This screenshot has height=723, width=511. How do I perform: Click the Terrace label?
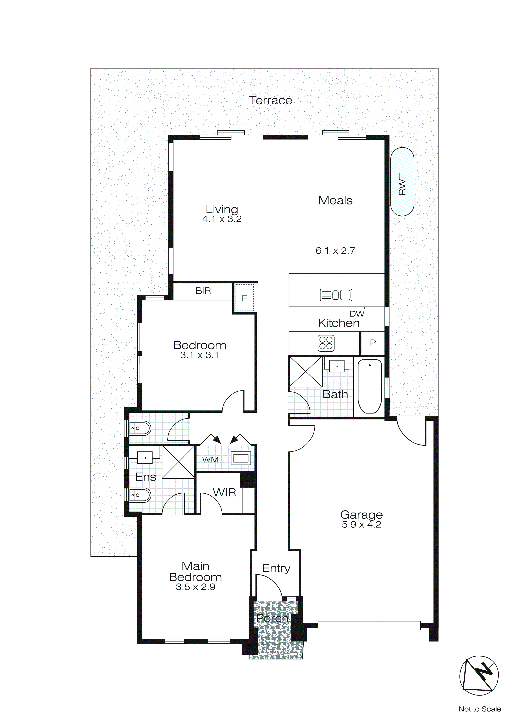[x=271, y=100]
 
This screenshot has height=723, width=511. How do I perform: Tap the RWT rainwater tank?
[x=402, y=182]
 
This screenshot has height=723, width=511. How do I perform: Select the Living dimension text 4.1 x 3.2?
[x=222, y=219]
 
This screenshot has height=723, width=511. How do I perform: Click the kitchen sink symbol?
[x=336, y=295]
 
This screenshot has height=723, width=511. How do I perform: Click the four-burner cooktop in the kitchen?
[x=326, y=343]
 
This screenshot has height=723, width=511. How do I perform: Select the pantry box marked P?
[x=372, y=343]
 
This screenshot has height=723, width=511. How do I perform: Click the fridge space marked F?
[x=244, y=298]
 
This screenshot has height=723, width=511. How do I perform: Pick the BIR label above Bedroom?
[x=203, y=291]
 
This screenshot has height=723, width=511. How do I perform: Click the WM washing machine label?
[x=210, y=460]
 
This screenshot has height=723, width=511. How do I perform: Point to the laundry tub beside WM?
[x=241, y=458]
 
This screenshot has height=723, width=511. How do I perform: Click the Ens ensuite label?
[x=146, y=477]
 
